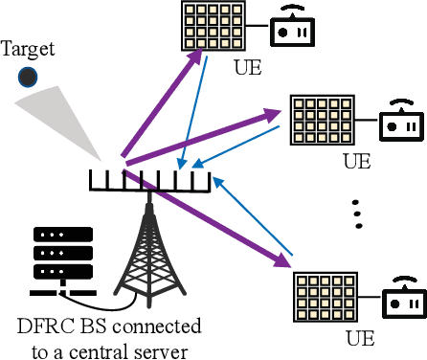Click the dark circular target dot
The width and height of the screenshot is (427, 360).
30,76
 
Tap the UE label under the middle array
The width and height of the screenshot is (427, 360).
356,161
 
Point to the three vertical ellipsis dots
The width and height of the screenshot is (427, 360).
357,214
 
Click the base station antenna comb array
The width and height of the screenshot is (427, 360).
147,179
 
